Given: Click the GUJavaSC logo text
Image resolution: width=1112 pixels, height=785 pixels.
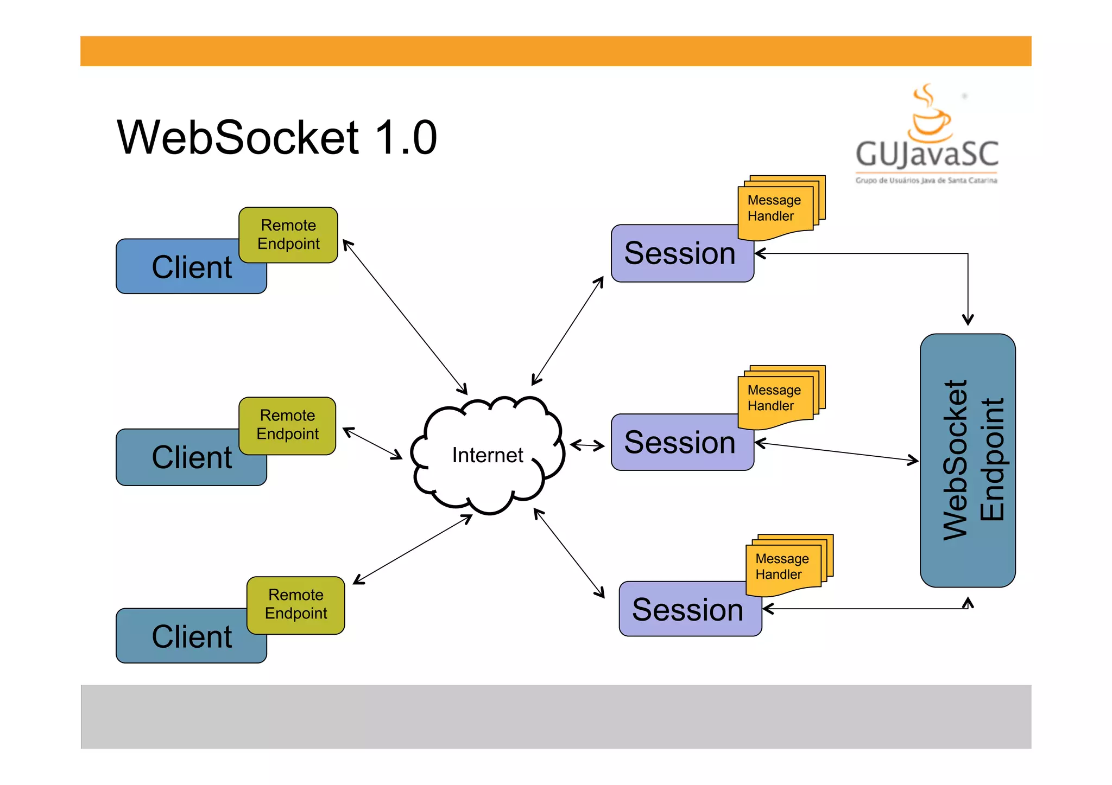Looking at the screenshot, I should [x=927, y=154].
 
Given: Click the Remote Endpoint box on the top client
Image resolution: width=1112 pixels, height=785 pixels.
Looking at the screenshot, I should [x=288, y=234].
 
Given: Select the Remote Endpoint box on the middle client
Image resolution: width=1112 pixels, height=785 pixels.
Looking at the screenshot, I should [x=287, y=425].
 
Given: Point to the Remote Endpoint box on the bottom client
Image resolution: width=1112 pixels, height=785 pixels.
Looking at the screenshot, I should [x=296, y=604].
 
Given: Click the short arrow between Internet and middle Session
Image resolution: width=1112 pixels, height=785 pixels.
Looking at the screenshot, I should [x=587, y=445].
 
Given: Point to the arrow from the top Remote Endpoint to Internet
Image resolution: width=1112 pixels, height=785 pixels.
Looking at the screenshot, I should [x=405, y=317].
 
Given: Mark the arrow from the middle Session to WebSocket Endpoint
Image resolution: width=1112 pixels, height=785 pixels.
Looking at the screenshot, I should [x=836, y=452].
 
